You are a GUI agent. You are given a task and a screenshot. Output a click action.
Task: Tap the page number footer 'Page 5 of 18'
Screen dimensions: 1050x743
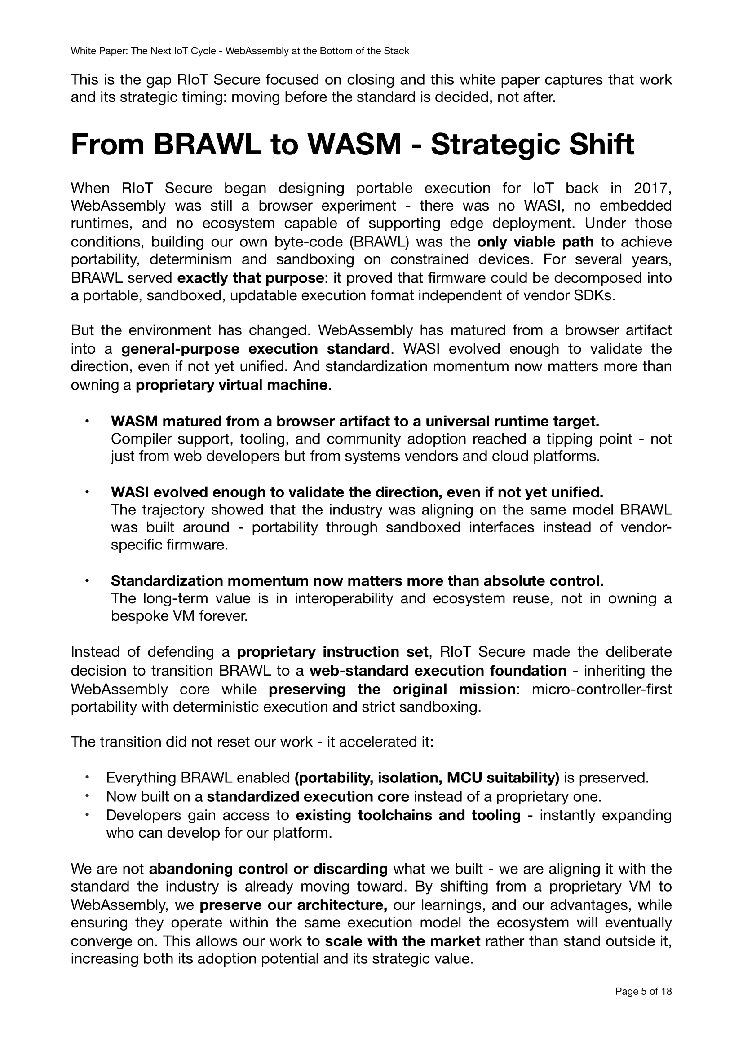(643, 1004)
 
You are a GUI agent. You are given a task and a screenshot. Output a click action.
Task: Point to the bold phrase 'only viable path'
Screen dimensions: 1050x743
(535, 242)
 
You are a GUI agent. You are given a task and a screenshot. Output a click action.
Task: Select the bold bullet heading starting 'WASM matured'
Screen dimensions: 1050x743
(354, 421)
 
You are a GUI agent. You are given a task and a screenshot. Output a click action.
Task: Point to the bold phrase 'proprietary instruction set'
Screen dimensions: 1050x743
(332, 652)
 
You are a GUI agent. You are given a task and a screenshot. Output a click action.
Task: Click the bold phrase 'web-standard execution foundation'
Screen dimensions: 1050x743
(438, 671)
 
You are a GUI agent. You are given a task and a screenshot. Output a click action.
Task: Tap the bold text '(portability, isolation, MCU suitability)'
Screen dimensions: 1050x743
(427, 778)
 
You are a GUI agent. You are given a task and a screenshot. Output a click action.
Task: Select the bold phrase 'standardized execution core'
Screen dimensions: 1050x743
(308, 797)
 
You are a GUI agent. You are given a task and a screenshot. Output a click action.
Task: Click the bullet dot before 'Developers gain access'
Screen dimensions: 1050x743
(86, 814)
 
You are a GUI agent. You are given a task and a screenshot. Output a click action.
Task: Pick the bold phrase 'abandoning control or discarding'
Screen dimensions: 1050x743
(269, 869)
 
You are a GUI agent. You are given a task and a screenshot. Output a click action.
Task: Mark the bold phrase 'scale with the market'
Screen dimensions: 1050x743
(402, 941)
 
